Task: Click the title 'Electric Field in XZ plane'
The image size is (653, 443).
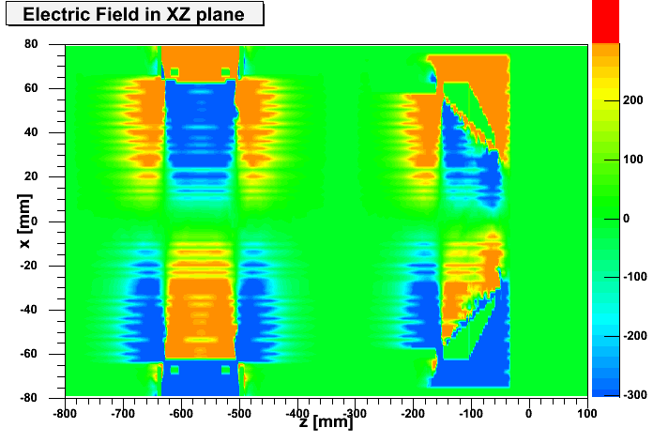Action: tap(132, 14)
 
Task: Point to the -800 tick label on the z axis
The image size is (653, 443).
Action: tap(65, 411)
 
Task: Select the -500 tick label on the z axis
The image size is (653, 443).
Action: tap(239, 411)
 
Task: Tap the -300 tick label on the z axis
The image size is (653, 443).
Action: tap(356, 411)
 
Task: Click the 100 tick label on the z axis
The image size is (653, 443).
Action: tap(587, 411)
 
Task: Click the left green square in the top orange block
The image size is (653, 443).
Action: tap(174, 71)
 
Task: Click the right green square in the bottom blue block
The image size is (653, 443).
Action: tap(225, 370)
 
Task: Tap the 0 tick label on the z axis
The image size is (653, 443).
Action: tap(529, 411)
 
